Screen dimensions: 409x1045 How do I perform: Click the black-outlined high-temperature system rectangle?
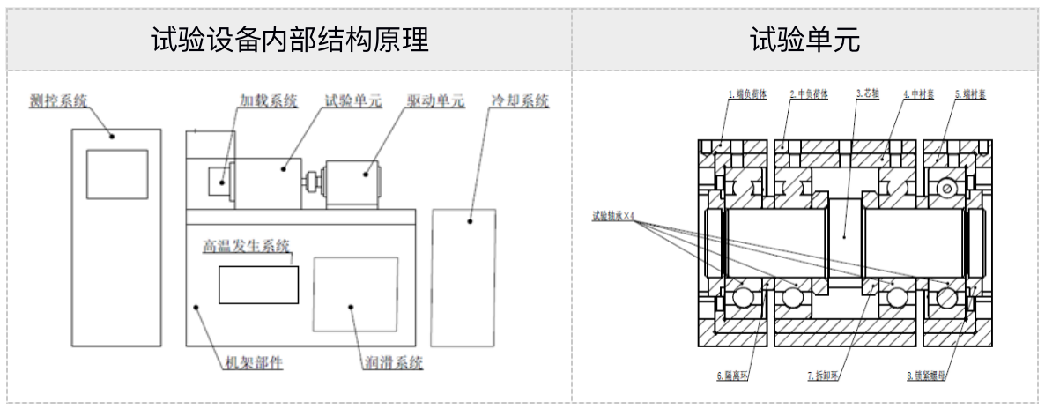258,286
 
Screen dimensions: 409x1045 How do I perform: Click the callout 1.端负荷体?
747,93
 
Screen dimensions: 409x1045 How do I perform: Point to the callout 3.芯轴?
868,93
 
